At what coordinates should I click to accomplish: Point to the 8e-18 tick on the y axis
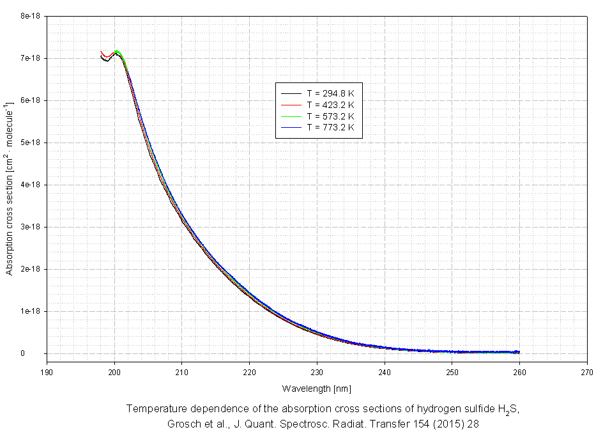pyautogui.click(x=31, y=16)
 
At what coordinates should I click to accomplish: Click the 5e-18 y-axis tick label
pyautogui.click(x=31, y=143)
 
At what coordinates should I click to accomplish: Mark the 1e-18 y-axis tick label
pyautogui.click(x=31, y=311)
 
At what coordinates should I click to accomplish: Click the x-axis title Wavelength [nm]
pyautogui.click(x=316, y=389)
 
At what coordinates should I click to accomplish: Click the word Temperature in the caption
pyautogui.click(x=153, y=409)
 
